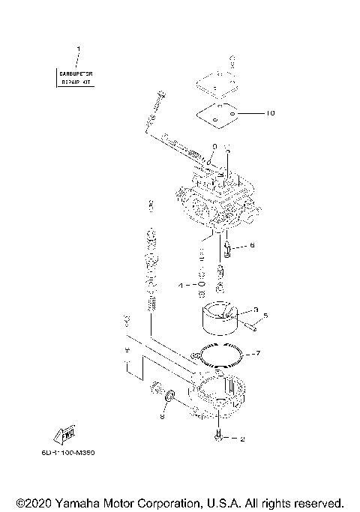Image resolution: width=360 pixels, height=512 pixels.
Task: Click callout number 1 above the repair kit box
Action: [78, 49]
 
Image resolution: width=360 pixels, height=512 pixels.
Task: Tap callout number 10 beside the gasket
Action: [271, 114]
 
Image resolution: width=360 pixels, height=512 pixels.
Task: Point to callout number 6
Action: [252, 245]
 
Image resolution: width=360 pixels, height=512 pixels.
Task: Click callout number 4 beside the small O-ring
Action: [180, 286]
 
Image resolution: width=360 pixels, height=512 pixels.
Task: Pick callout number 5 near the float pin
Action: [265, 316]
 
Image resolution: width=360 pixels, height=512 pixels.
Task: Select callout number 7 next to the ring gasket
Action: [257, 352]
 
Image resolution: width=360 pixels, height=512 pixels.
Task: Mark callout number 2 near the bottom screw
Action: [242, 439]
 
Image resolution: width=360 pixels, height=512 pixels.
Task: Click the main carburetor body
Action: [214, 199]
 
